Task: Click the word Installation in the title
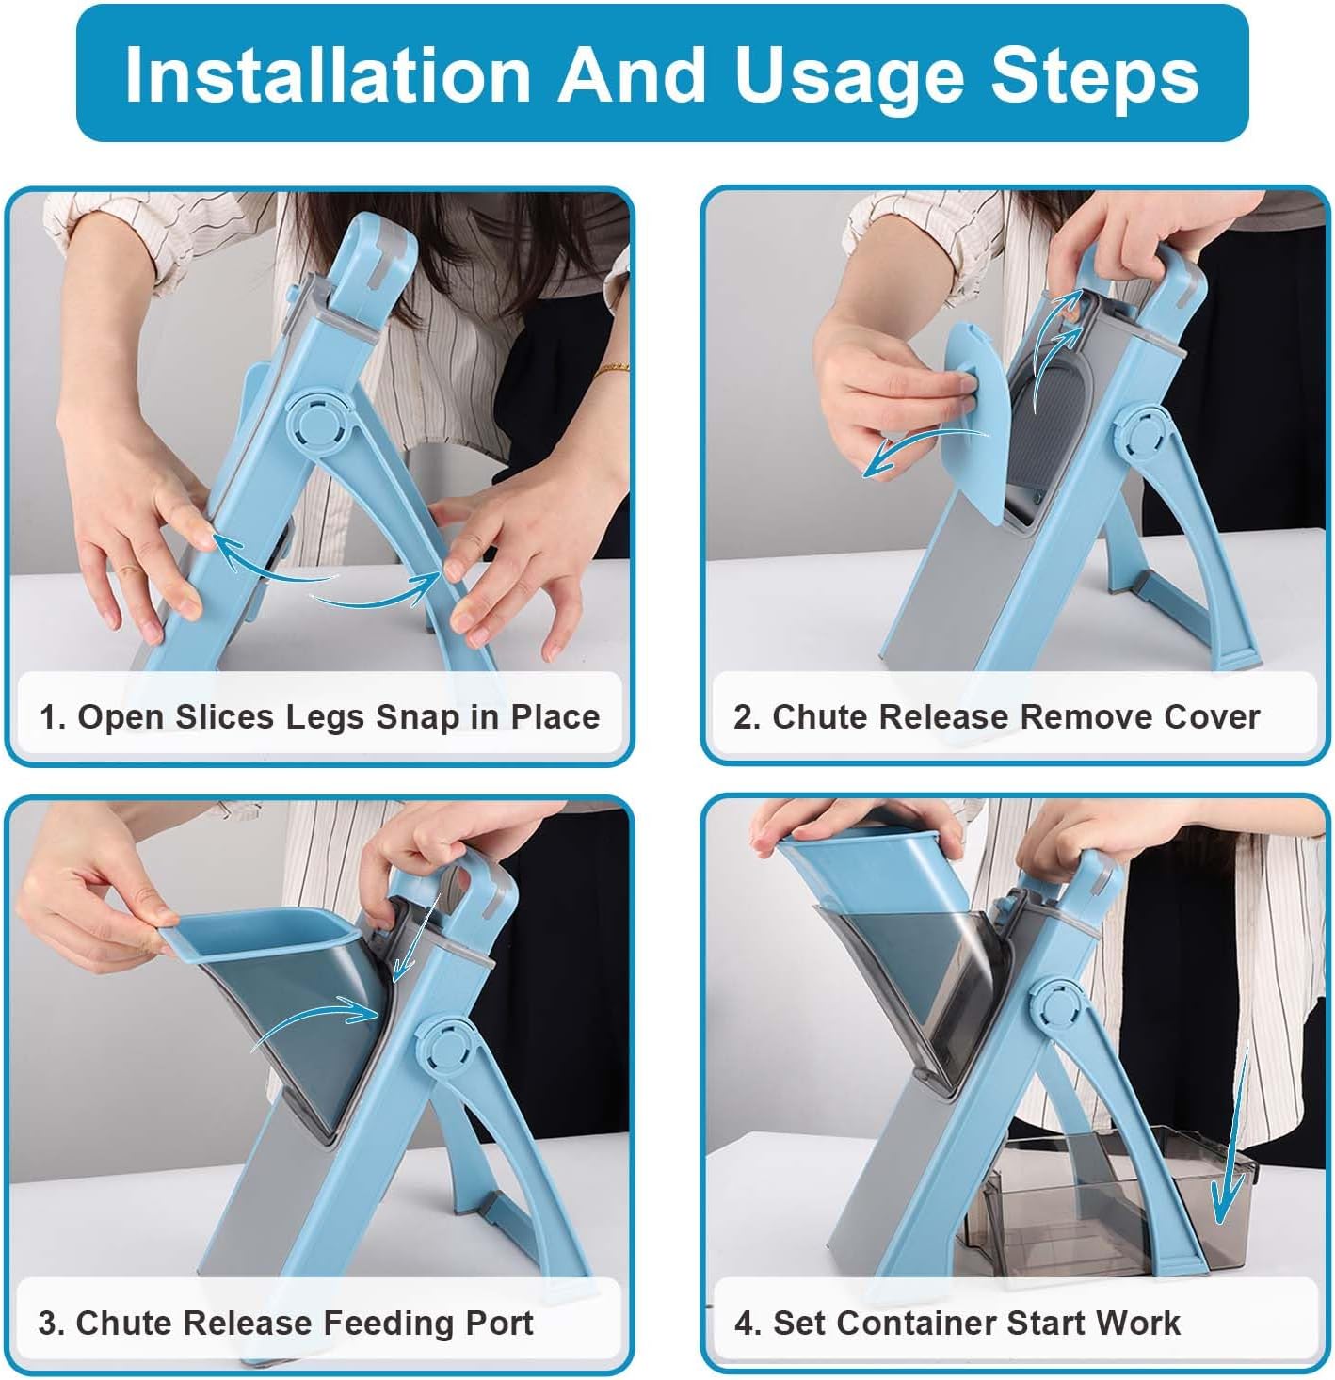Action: [328, 75]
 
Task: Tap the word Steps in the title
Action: [1095, 75]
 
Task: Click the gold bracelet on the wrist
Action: [611, 368]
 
